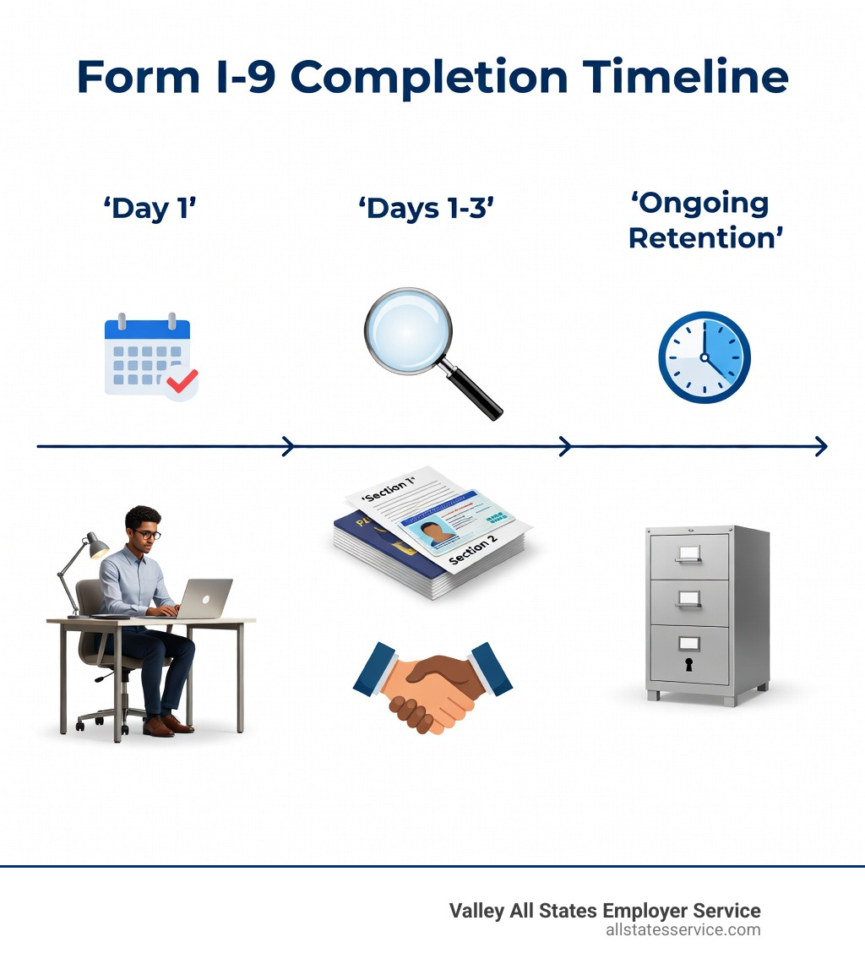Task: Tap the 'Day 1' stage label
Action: [150, 209]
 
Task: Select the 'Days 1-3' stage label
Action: [426, 209]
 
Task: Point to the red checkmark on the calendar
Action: [182, 381]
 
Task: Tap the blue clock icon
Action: [704, 357]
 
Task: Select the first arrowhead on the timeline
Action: [289, 446]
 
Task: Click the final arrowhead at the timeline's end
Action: [821, 446]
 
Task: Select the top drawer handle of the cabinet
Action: [688, 553]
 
